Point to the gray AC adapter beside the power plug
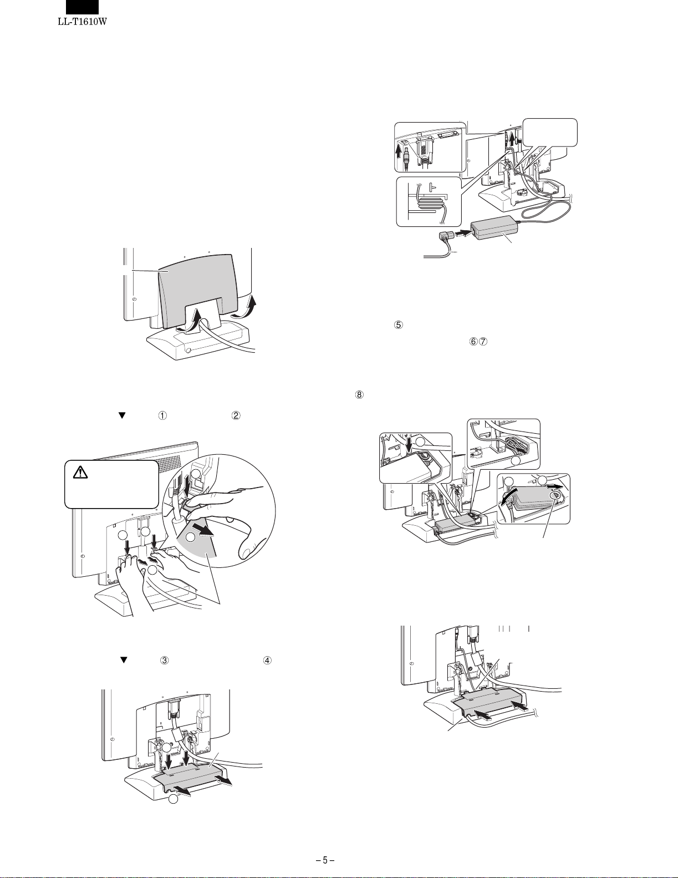click(x=493, y=227)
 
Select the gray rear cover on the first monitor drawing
click(x=194, y=288)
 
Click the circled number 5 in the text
click(x=397, y=326)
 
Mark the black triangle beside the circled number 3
click(x=124, y=661)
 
